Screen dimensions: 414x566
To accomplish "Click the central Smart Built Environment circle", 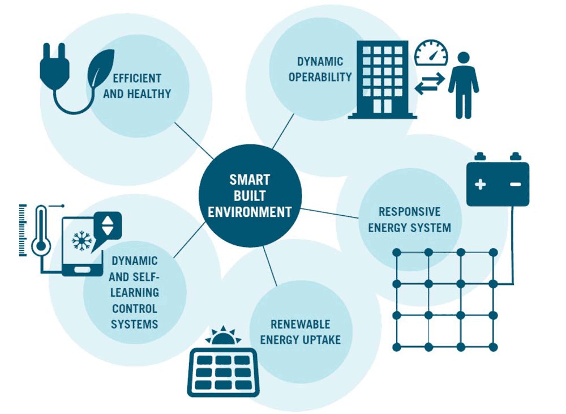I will tap(249, 196).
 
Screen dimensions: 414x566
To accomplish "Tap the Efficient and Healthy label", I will tap(136, 86).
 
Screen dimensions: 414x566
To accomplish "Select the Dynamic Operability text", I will tap(320, 69).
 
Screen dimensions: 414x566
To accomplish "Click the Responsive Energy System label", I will tap(409, 220).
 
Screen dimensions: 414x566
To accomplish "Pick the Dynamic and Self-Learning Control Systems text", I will tap(135, 292).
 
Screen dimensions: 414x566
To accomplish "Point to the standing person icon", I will tap(464, 85).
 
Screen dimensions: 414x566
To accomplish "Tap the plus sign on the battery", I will tap(480, 184).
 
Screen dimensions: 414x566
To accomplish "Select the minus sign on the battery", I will tap(515, 184).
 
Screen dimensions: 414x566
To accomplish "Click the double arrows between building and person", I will tap(430, 86).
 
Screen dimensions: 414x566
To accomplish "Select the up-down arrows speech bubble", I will tap(107, 227).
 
